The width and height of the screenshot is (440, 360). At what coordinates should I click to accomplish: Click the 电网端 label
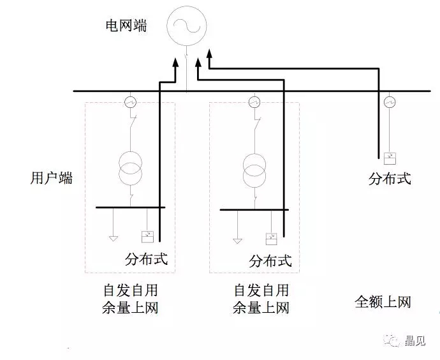click(x=126, y=26)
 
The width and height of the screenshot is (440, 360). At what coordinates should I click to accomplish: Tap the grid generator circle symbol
click(x=187, y=25)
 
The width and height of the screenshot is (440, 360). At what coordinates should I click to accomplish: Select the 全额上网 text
click(x=383, y=301)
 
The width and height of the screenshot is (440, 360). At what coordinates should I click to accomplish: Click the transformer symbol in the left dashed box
click(x=131, y=168)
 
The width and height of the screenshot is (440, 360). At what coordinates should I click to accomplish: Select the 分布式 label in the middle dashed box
click(x=270, y=260)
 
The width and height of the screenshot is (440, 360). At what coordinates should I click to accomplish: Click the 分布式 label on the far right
click(x=390, y=178)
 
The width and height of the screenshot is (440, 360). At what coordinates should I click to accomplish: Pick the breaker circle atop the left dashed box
click(x=131, y=101)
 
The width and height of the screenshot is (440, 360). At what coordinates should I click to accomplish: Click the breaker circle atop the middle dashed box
click(x=254, y=101)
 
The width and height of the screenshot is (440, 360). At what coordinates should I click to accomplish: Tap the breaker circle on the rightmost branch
click(x=390, y=101)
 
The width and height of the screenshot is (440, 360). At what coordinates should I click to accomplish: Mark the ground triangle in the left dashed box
click(x=113, y=238)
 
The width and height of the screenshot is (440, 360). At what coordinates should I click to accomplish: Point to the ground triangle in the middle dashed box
click(x=237, y=240)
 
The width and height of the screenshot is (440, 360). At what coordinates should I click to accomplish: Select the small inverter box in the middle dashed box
click(x=271, y=238)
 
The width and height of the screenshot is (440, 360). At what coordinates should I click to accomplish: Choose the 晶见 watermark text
click(x=414, y=341)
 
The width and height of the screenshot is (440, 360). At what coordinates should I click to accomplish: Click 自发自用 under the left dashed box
click(x=129, y=289)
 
